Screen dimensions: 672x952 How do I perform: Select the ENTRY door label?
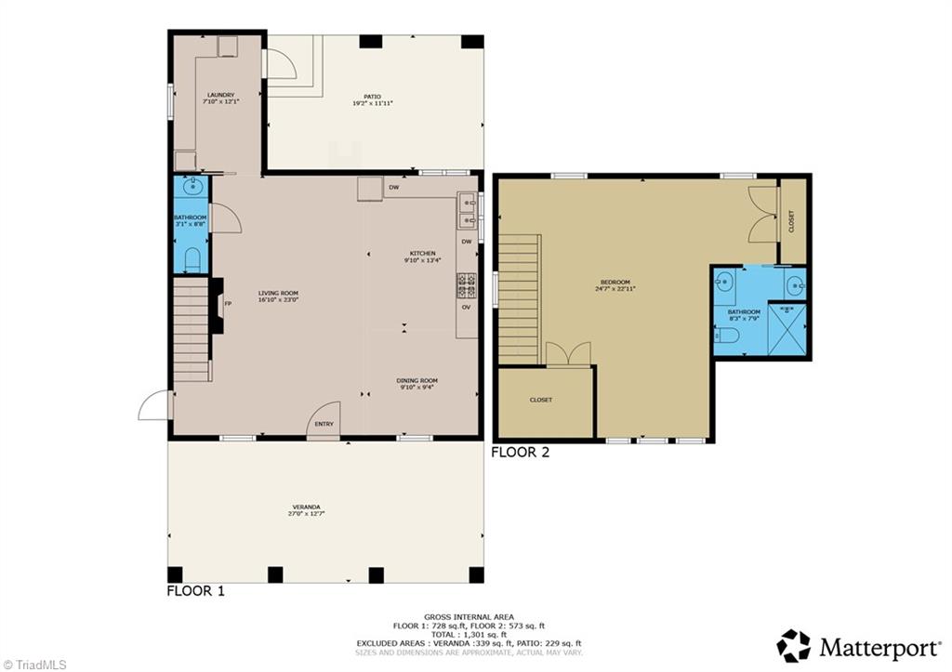[x=324, y=425]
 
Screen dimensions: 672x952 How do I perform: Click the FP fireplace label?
[x=228, y=302]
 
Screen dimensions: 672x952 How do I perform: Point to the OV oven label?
[x=467, y=307]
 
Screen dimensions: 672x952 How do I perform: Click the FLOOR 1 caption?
[x=195, y=590]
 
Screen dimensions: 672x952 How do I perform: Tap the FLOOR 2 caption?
[x=521, y=453]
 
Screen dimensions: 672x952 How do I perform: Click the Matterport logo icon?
[x=793, y=645]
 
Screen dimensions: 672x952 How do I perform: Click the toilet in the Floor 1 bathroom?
[x=192, y=260]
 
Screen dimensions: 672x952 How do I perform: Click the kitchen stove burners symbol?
[x=465, y=280]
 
